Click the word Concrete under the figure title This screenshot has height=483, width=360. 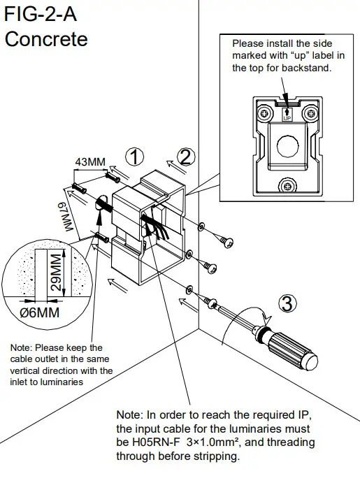pyautogui.click(x=46, y=39)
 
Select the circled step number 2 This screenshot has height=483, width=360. pyautogui.click(x=185, y=157)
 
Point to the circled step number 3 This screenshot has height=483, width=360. pyautogui.click(x=287, y=304)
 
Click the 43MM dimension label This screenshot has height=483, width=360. pyautogui.click(x=89, y=162)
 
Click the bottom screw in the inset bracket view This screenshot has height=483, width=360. pyautogui.click(x=287, y=186)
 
